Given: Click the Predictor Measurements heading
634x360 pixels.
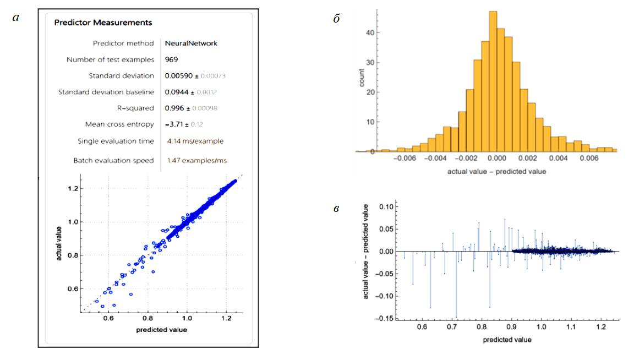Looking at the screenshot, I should (x=103, y=23).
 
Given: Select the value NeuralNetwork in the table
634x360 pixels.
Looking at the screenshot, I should (x=191, y=43).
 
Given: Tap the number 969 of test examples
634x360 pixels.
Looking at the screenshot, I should (x=172, y=59).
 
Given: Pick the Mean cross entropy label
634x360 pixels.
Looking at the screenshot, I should (x=119, y=124).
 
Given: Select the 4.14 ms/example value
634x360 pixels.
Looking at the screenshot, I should (x=195, y=141).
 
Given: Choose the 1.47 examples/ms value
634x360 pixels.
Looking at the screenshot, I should (x=197, y=160).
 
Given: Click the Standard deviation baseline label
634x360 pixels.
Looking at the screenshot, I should (x=106, y=92).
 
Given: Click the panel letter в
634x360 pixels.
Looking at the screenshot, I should (x=336, y=209).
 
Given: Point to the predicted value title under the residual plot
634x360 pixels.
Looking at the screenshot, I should (x=507, y=340).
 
